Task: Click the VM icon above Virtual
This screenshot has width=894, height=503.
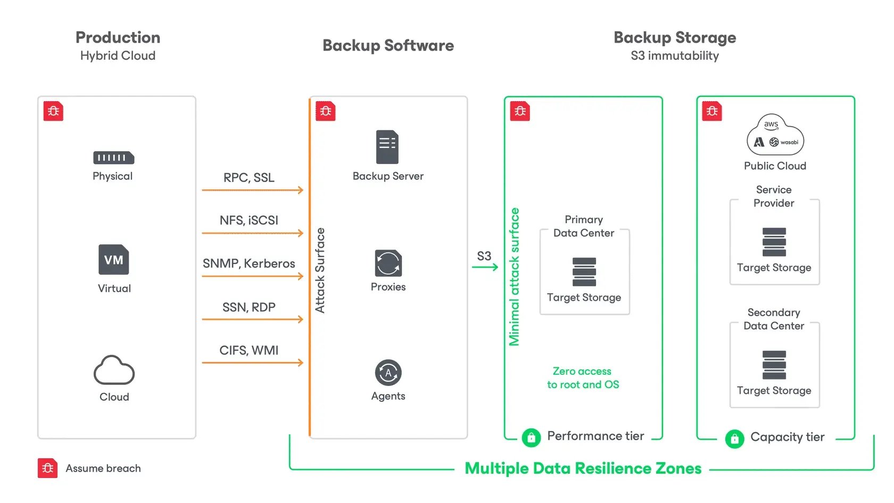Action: pos(113,260)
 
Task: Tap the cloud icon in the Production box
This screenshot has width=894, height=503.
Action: pos(114,370)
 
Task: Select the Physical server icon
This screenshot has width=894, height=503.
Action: pos(113,158)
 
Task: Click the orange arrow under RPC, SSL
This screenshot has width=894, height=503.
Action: pos(252,190)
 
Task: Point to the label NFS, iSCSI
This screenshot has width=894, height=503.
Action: pos(249,220)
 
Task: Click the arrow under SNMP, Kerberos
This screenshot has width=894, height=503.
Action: pos(252,276)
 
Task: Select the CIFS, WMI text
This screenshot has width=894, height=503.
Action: pos(249,350)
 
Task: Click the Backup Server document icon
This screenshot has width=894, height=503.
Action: pos(387,147)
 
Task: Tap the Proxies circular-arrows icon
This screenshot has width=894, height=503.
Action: pos(388,263)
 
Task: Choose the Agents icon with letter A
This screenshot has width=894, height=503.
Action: pos(388,373)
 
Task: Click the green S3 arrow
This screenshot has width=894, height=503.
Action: pos(485,267)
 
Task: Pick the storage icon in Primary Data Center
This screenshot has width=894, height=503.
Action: pos(584,272)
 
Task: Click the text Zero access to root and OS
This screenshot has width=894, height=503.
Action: pos(583,378)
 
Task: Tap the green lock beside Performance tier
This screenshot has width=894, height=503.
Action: pos(531,438)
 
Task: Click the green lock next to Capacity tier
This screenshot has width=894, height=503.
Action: pos(734,439)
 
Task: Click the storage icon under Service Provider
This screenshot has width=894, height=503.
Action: pos(774,242)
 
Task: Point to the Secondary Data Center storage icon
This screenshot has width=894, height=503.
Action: pos(774,365)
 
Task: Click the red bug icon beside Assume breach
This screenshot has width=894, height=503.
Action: pos(47,468)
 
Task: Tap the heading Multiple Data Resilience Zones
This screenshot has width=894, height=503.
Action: pos(583,468)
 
